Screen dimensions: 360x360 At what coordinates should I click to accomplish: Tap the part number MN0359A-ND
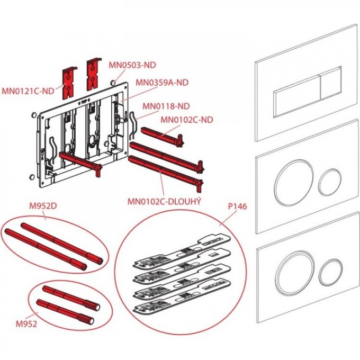coord(161,82)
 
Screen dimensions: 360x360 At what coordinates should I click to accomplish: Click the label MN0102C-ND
coord(186,120)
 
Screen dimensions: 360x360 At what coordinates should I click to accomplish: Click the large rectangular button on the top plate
coord(296,95)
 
